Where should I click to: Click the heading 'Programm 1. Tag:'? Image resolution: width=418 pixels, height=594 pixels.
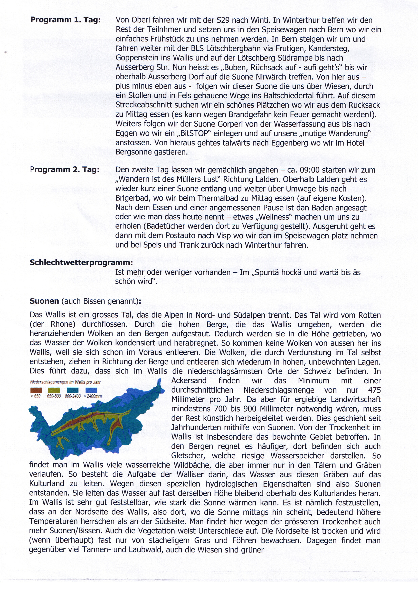[x=65, y=20]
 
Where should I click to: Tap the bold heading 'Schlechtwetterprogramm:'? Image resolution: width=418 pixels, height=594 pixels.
[x=81, y=263]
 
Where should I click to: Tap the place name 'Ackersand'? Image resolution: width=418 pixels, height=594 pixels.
[x=189, y=381]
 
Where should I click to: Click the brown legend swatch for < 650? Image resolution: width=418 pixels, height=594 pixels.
[x=36, y=390]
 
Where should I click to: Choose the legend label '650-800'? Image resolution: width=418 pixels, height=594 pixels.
[x=54, y=396]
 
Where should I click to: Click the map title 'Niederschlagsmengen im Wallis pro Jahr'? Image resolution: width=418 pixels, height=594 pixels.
[x=65, y=382]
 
